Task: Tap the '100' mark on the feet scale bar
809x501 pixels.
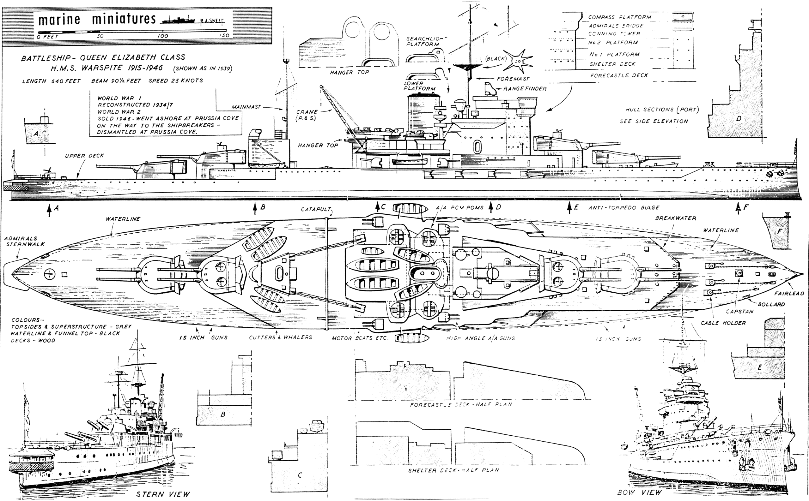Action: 163,36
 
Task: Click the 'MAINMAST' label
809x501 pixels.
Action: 246,107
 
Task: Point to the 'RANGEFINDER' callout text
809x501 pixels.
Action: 525,89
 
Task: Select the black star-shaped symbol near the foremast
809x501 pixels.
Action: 516,61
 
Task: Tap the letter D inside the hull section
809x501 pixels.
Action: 739,119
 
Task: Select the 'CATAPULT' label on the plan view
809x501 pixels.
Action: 316,209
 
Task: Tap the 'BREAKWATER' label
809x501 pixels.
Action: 676,218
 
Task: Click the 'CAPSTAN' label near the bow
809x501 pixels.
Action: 740,312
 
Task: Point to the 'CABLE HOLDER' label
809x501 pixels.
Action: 723,323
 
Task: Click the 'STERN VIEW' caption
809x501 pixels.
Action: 163,494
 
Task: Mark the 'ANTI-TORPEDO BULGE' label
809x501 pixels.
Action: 624,208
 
